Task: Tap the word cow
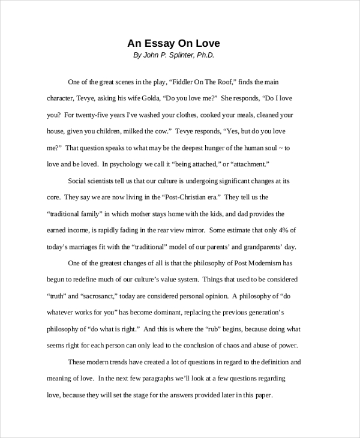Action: coord(160,131)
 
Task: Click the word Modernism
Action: coord(266,263)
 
